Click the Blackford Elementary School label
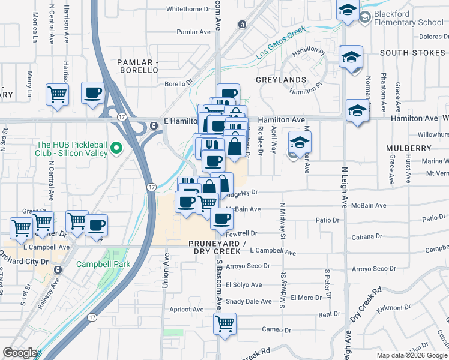pyautogui.click(x=409, y=18)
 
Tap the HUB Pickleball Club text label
pyautogui.click(x=72, y=148)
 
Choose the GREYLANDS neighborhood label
pyautogui.click(x=281, y=79)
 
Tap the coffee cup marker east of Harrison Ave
pyautogui.click(x=92, y=93)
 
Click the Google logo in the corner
pyautogui.click(x=20, y=353)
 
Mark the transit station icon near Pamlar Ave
pyautogui.click(x=241, y=25)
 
